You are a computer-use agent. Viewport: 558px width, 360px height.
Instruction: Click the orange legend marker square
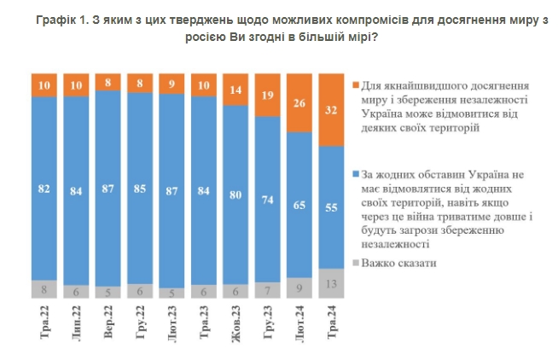click(353, 86)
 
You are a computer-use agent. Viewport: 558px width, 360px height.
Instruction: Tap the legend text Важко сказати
click(399, 263)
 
